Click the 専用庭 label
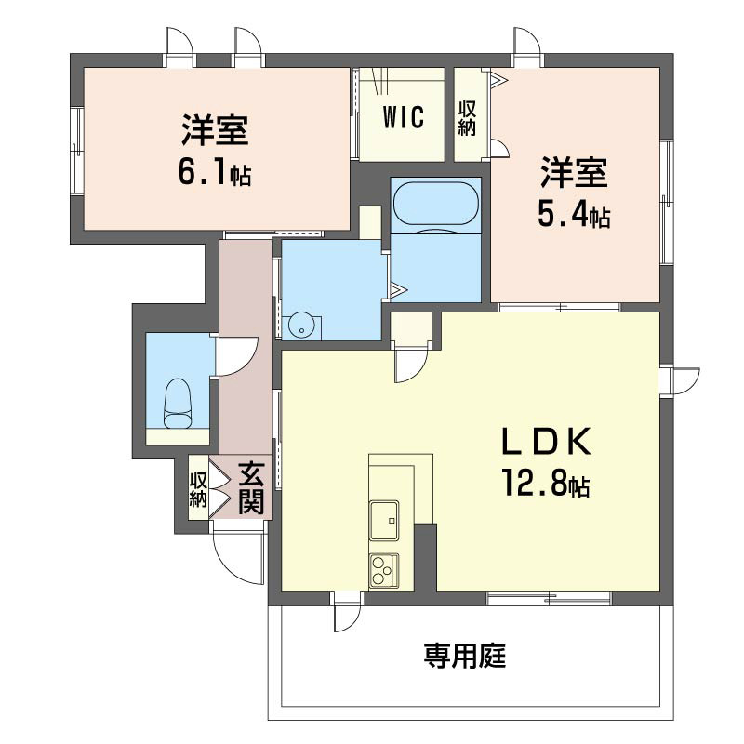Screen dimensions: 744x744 [465, 658]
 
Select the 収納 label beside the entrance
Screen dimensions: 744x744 [198, 489]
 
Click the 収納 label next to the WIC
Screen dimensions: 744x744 [467, 118]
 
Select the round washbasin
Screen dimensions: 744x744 [302, 325]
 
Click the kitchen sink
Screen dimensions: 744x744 [383, 519]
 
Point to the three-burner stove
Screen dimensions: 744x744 [383, 569]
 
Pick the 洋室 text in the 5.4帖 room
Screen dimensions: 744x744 [573, 175]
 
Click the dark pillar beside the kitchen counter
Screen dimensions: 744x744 [425, 556]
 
